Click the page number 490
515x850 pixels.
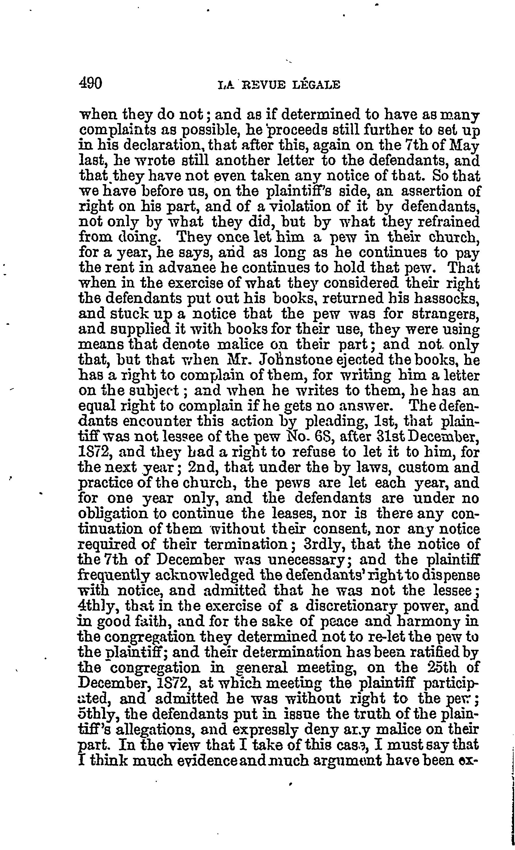(x=91, y=84)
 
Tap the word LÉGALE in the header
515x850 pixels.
(x=316, y=85)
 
